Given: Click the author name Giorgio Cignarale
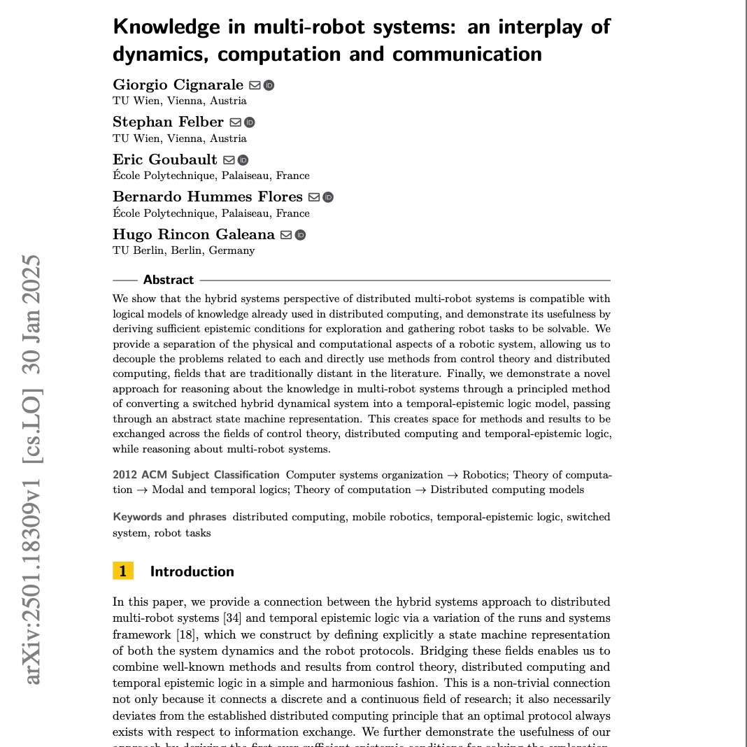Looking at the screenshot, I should coord(178,85).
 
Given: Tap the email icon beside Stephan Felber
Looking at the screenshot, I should coord(236,122).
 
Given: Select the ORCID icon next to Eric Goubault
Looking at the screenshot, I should coord(243,160).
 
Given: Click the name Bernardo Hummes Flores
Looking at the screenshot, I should coord(208,197).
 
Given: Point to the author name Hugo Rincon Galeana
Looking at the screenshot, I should coord(194,234).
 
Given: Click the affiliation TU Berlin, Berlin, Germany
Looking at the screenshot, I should coord(183,250).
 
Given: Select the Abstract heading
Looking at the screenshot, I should coord(169,280).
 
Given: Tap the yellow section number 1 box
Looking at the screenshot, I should coord(122,571).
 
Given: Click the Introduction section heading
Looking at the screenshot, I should coord(192,571).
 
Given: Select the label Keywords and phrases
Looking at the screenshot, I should coord(170,517).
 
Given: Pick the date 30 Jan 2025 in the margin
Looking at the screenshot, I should coord(32,311).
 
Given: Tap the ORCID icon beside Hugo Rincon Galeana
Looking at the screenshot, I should coord(300,235).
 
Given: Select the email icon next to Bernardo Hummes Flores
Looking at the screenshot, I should coord(314,197).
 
